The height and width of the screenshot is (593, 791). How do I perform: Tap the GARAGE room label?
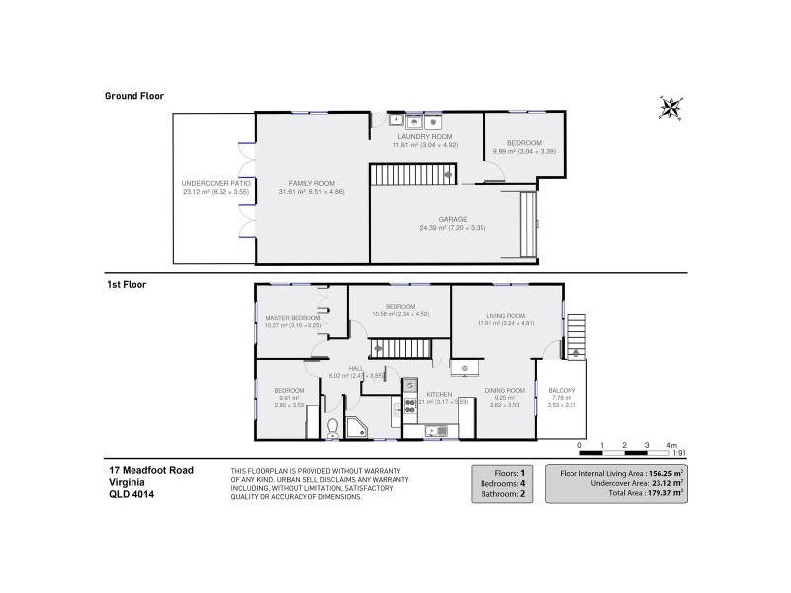454,219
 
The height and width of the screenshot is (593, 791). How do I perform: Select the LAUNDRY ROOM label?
424,136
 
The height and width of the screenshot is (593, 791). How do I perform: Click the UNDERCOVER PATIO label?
216,183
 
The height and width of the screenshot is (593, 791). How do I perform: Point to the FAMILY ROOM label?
311,183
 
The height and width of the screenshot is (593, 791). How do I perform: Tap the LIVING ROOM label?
505,316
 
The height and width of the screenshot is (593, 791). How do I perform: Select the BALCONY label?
562,390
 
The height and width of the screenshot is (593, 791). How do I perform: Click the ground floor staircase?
409,176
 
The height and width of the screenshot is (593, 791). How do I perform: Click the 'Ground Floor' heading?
134,96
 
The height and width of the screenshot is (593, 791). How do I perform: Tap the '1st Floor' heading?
128,284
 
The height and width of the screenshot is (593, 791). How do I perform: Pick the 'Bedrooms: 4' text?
505,482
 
